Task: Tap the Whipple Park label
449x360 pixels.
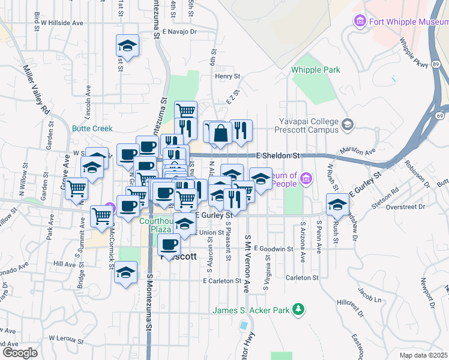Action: pos(316,70)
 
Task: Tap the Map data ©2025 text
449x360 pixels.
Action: pos(423,355)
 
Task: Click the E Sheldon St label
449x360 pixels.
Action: pos(277,155)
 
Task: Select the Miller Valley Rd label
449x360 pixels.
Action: pos(37,91)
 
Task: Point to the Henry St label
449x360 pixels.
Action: pos(228,77)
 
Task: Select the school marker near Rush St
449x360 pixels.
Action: pos(337,205)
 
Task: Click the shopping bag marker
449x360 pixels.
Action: pos(221,134)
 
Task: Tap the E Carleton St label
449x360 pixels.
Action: pos(221,280)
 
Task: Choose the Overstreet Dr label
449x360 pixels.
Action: pos(406,206)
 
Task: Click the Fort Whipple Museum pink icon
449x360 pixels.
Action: pos(360,22)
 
